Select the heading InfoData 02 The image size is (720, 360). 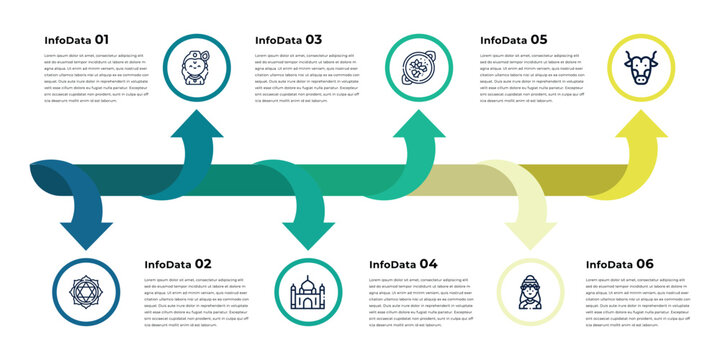point(177,264)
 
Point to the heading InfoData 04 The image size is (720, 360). point(403,264)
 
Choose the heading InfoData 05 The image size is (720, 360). point(513,40)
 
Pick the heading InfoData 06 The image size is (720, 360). point(619,264)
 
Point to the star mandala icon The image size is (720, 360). point(86,292)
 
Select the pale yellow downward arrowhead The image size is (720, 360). point(531,233)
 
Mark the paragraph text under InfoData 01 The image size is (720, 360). point(96,78)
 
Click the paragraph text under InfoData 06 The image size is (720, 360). point(639,302)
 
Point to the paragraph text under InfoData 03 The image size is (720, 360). point(307,78)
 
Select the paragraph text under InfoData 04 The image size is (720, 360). point(421,302)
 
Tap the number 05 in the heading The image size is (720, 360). point(538,40)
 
